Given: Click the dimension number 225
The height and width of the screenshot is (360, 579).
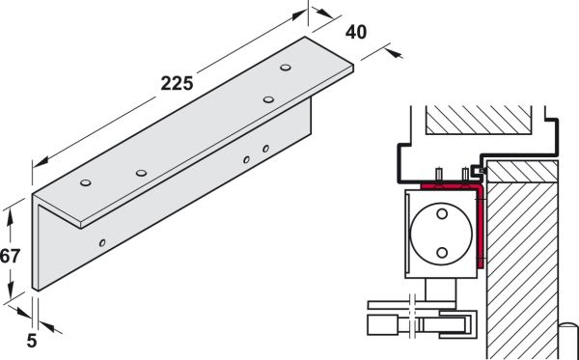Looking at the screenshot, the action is point(177,83).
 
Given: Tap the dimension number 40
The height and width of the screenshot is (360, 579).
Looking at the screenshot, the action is point(356,32).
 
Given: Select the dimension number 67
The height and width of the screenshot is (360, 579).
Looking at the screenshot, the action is point(10,256).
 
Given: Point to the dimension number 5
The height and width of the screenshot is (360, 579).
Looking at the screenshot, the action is point(32,341).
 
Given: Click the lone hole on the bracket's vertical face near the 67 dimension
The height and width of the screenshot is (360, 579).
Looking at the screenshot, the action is point(102,243).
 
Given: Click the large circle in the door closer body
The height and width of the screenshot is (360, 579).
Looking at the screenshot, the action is point(441,234).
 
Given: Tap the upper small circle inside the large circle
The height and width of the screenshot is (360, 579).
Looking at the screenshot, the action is point(442,214).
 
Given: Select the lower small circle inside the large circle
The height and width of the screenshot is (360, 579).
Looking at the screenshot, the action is point(442,253).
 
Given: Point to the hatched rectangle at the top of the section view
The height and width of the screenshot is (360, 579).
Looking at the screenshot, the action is point(479,120).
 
